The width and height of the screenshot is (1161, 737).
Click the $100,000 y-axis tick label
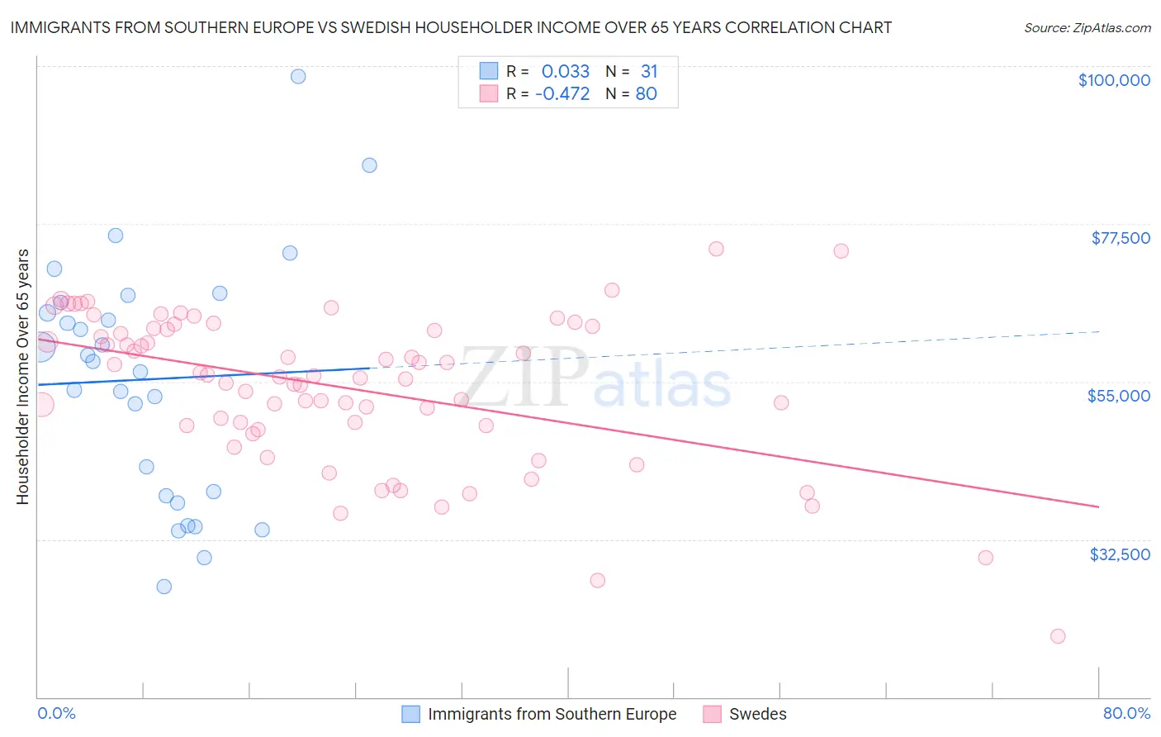pyautogui.click(x=1114, y=80)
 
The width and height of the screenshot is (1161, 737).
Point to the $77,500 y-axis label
pyautogui.click(x=1121, y=238)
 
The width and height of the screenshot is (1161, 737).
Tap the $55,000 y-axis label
pyautogui.click(x=1119, y=396)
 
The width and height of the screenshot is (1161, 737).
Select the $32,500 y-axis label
pyautogui.click(x=1120, y=554)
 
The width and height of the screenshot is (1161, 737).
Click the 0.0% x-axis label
pyautogui.click(x=56, y=713)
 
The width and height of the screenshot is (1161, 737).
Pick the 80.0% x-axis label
pyautogui.click(x=1126, y=713)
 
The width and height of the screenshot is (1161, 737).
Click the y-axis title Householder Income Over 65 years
pyautogui.click(x=22, y=377)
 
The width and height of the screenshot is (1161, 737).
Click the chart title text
pyautogui.click(x=451, y=27)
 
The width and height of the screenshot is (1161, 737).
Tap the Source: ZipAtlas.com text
pyautogui.click(x=1087, y=27)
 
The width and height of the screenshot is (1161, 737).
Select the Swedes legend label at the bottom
pyautogui.click(x=757, y=714)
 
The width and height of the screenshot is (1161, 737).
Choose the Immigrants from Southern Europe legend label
pyautogui.click(x=552, y=714)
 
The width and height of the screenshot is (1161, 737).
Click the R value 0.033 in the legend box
pyautogui.click(x=566, y=72)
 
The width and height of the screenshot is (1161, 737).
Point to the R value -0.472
pyautogui.click(x=562, y=94)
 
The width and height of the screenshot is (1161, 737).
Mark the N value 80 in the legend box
pyautogui.click(x=646, y=94)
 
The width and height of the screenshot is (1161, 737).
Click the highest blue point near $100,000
pyautogui.click(x=298, y=76)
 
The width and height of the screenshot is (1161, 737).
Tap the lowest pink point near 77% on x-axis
pyautogui.click(x=1058, y=636)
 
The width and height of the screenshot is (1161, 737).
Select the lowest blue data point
pyautogui.click(x=164, y=587)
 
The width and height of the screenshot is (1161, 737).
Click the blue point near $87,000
pyautogui.click(x=369, y=165)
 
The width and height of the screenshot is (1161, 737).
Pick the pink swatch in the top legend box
pyautogui.click(x=489, y=93)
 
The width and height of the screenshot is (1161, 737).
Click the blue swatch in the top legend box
pyautogui.click(x=489, y=71)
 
